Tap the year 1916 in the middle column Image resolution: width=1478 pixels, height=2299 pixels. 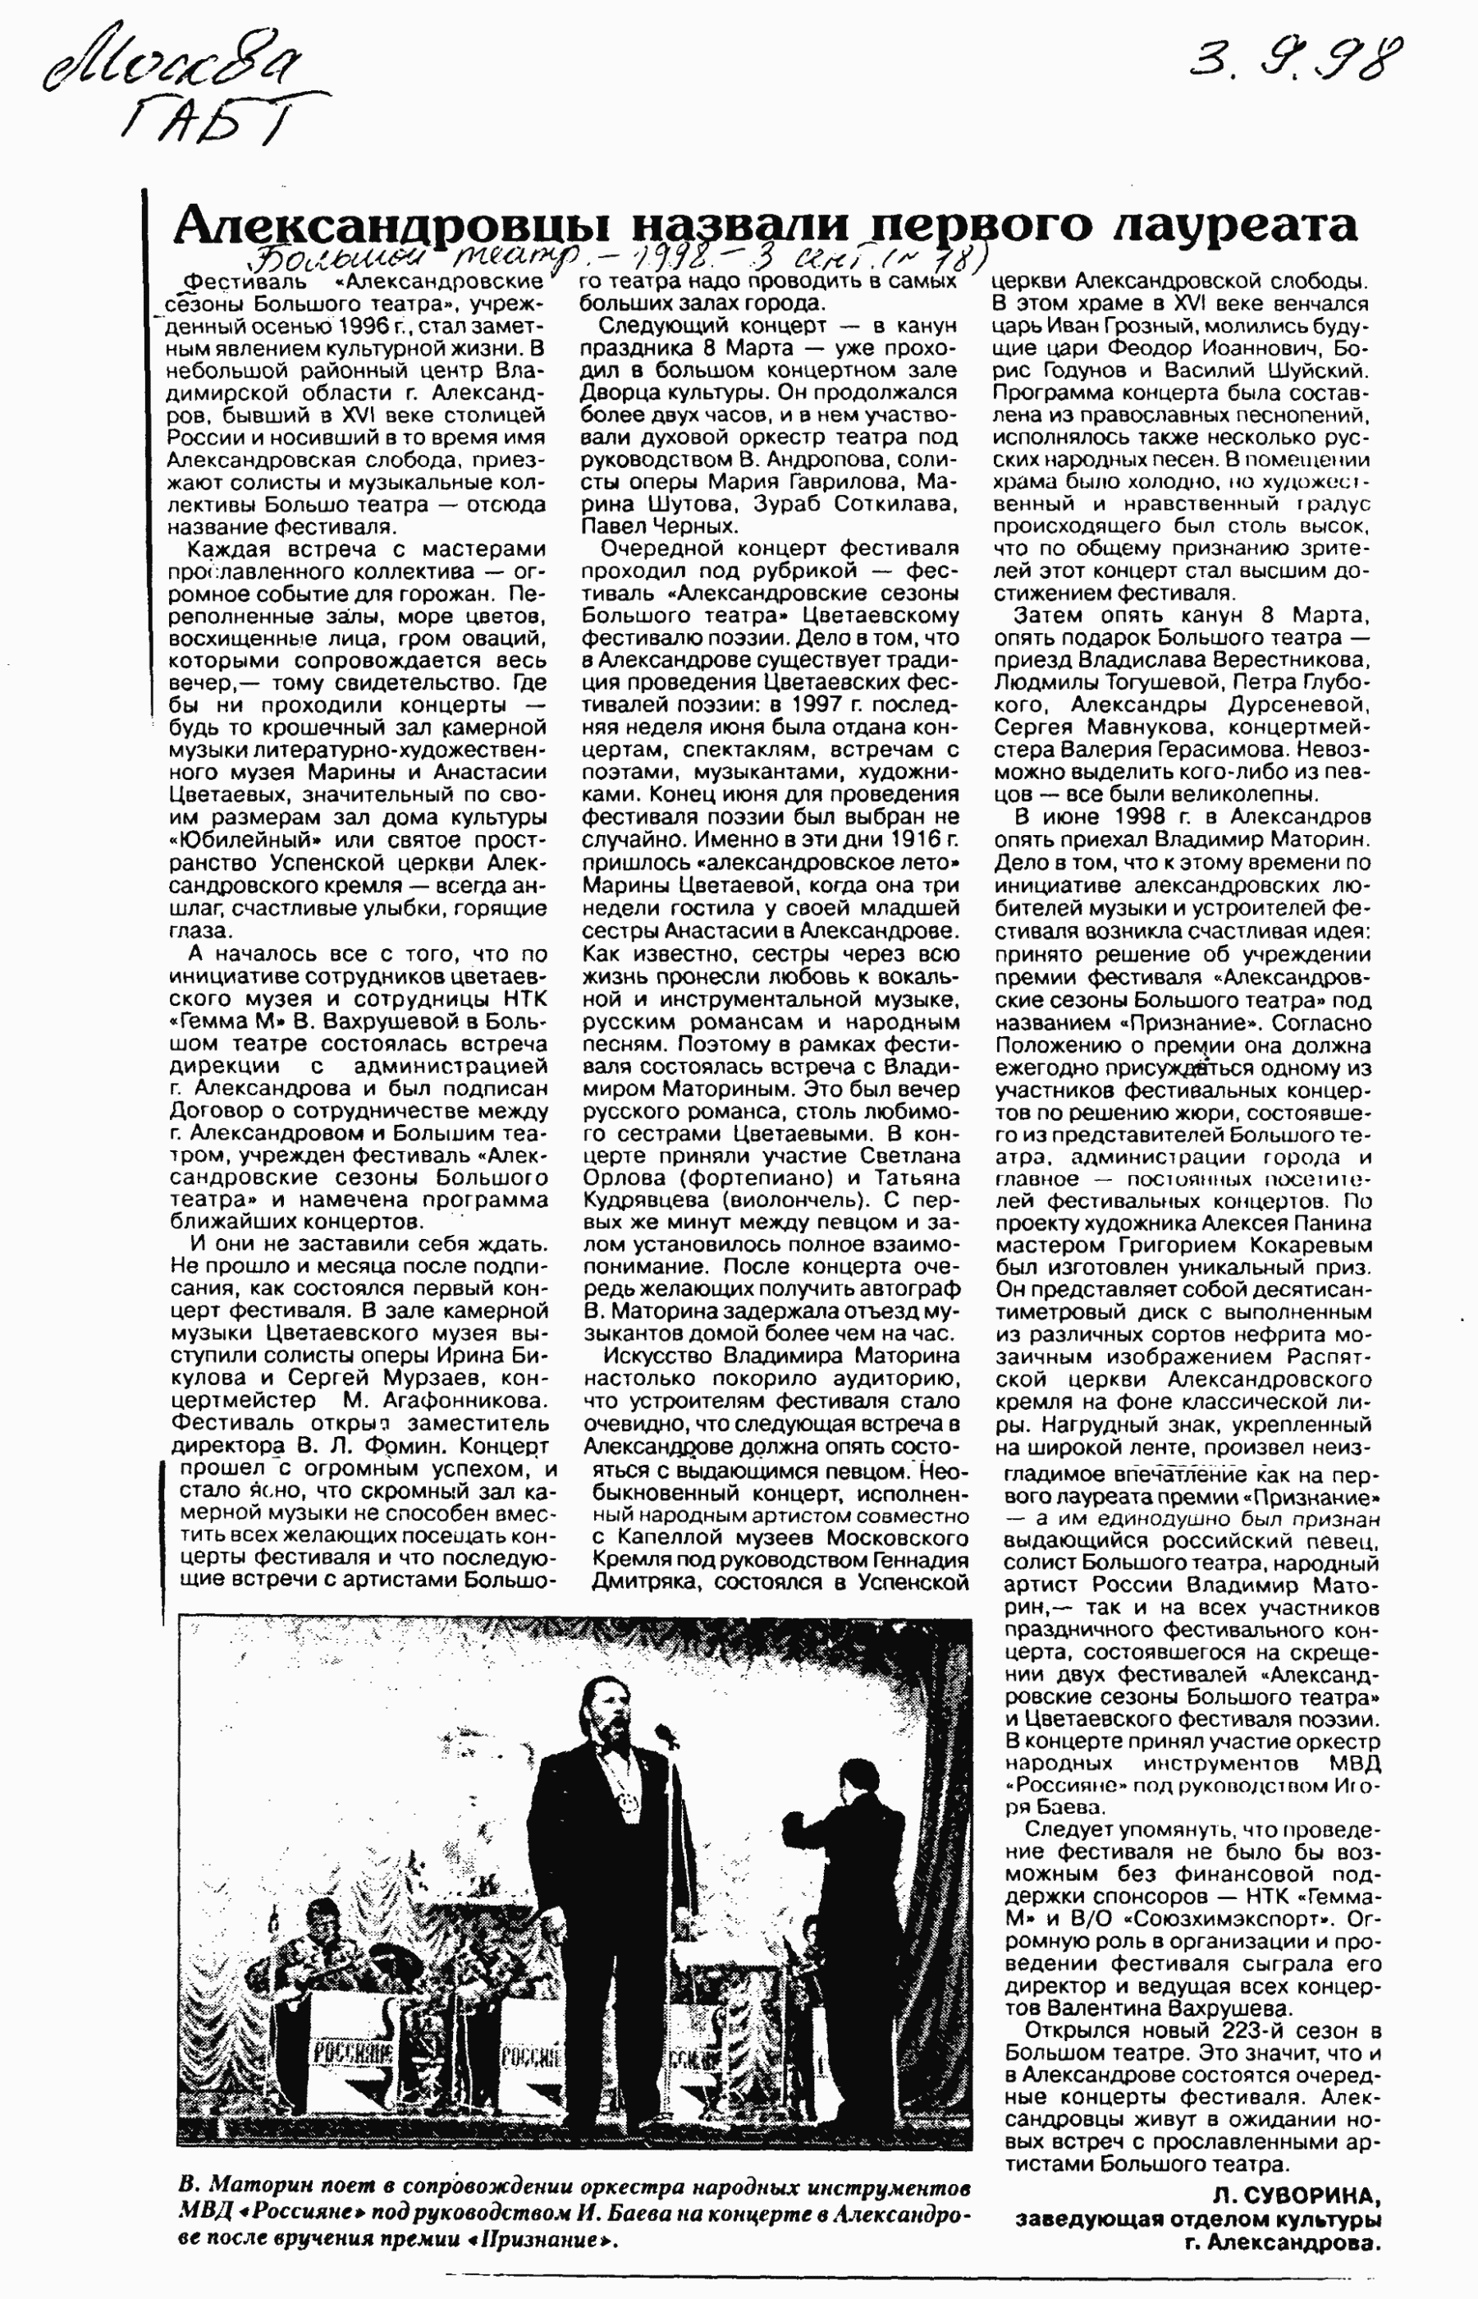916,840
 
